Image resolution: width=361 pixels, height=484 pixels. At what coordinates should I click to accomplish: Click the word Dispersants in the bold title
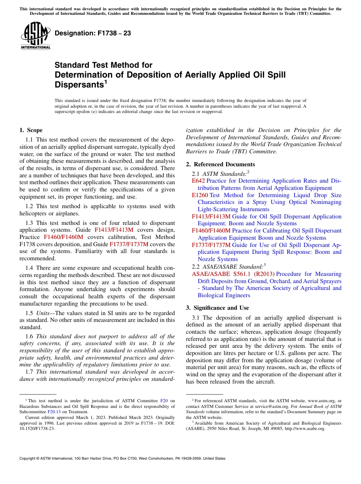pyautogui.click(x=79, y=84)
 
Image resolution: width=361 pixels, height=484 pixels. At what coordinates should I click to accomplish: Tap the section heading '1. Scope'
pyautogui.click(x=31, y=130)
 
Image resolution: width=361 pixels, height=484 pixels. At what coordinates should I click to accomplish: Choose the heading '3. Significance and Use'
pyautogui.click(x=217, y=307)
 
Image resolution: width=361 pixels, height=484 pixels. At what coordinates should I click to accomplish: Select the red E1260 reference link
pyautogui.click(x=200, y=195)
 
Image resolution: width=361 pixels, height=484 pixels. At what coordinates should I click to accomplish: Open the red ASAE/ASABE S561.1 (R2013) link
pyautogui.click(x=233, y=274)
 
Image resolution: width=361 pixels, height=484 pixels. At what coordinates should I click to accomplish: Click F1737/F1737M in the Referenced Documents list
pyautogui.click(x=211, y=245)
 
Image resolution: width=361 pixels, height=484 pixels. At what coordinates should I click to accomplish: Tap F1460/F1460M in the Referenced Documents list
pyautogui.click(x=211, y=231)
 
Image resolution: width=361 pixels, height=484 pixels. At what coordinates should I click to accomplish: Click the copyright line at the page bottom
pyautogui.click(x=122, y=459)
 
